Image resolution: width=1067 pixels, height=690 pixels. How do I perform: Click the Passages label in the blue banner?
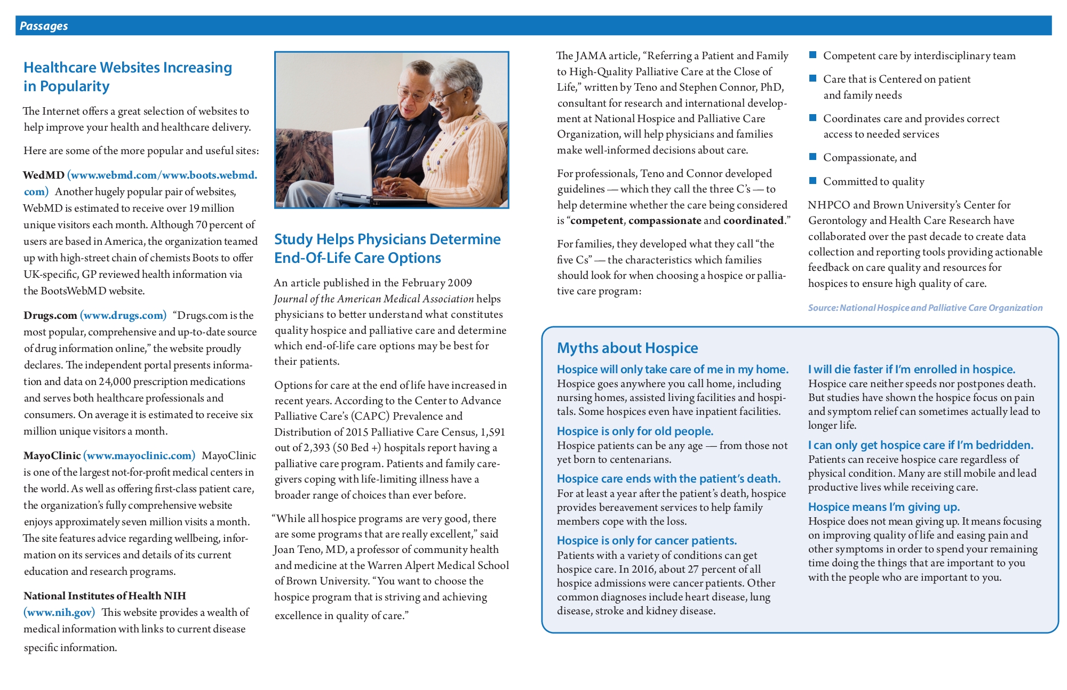(44, 26)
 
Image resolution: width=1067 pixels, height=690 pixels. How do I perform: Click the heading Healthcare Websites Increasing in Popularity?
(128, 77)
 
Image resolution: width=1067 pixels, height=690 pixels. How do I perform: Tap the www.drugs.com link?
(123, 315)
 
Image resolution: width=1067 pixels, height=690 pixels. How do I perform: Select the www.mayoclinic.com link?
(139, 455)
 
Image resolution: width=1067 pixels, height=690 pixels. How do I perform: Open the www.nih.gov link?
(59, 612)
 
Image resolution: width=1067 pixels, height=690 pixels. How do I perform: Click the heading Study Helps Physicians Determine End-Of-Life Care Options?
(387, 248)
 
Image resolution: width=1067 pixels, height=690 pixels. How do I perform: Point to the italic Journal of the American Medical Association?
(374, 299)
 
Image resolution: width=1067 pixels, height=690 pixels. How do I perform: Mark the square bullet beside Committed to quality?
(813, 181)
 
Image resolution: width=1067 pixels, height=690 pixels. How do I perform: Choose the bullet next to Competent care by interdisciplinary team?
(813, 55)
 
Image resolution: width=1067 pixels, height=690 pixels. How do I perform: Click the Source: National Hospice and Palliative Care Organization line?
(925, 308)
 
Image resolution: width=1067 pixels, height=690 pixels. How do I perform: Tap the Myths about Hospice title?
(627, 348)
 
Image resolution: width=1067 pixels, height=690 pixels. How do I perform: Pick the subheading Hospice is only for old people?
(635, 431)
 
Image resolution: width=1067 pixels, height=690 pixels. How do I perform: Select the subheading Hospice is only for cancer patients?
(647, 540)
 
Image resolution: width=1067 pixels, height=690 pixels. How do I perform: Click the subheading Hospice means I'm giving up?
(883, 507)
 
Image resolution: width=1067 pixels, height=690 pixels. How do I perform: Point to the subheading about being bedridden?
(920, 445)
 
